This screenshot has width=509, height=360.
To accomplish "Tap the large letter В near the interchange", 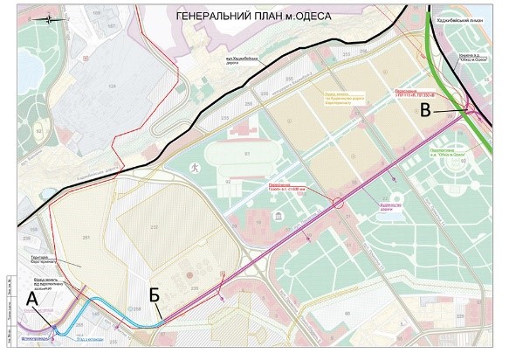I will point(425,111).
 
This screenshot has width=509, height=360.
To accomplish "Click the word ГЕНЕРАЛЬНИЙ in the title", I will point(214,15).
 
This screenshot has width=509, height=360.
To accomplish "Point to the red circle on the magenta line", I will point(339,204).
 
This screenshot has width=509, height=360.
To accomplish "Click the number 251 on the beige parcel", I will point(86,238).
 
